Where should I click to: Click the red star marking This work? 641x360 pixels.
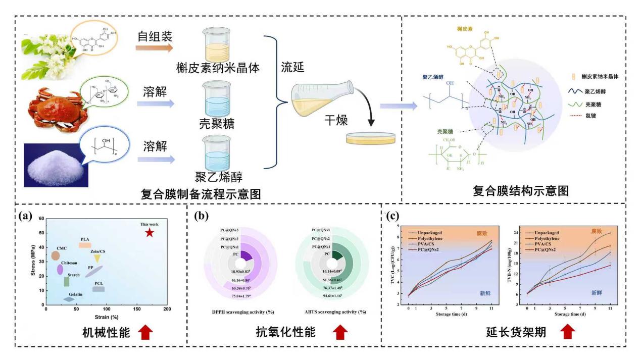click(x=149, y=232)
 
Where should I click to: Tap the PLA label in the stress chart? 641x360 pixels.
click(x=85, y=239)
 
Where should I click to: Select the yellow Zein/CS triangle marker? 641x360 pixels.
click(x=97, y=259)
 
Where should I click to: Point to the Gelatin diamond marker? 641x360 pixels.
click(x=69, y=299)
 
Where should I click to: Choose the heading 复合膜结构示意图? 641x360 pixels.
click(x=521, y=191)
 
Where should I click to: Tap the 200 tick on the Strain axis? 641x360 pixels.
click(x=167, y=309)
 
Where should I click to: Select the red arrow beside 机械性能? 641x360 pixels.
click(x=145, y=332)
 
